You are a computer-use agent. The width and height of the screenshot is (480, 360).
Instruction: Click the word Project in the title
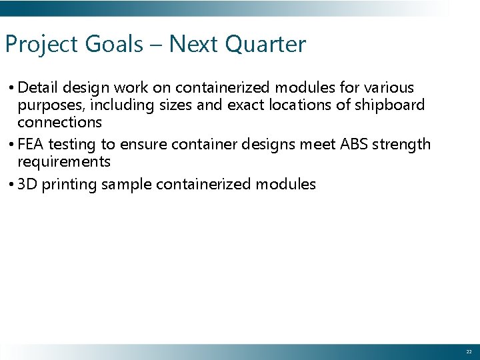(42, 45)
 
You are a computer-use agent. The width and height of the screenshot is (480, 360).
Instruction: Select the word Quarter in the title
(265, 44)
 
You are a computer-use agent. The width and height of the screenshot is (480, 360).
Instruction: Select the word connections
(59, 123)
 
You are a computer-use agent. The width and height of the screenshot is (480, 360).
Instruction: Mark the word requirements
(64, 161)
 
